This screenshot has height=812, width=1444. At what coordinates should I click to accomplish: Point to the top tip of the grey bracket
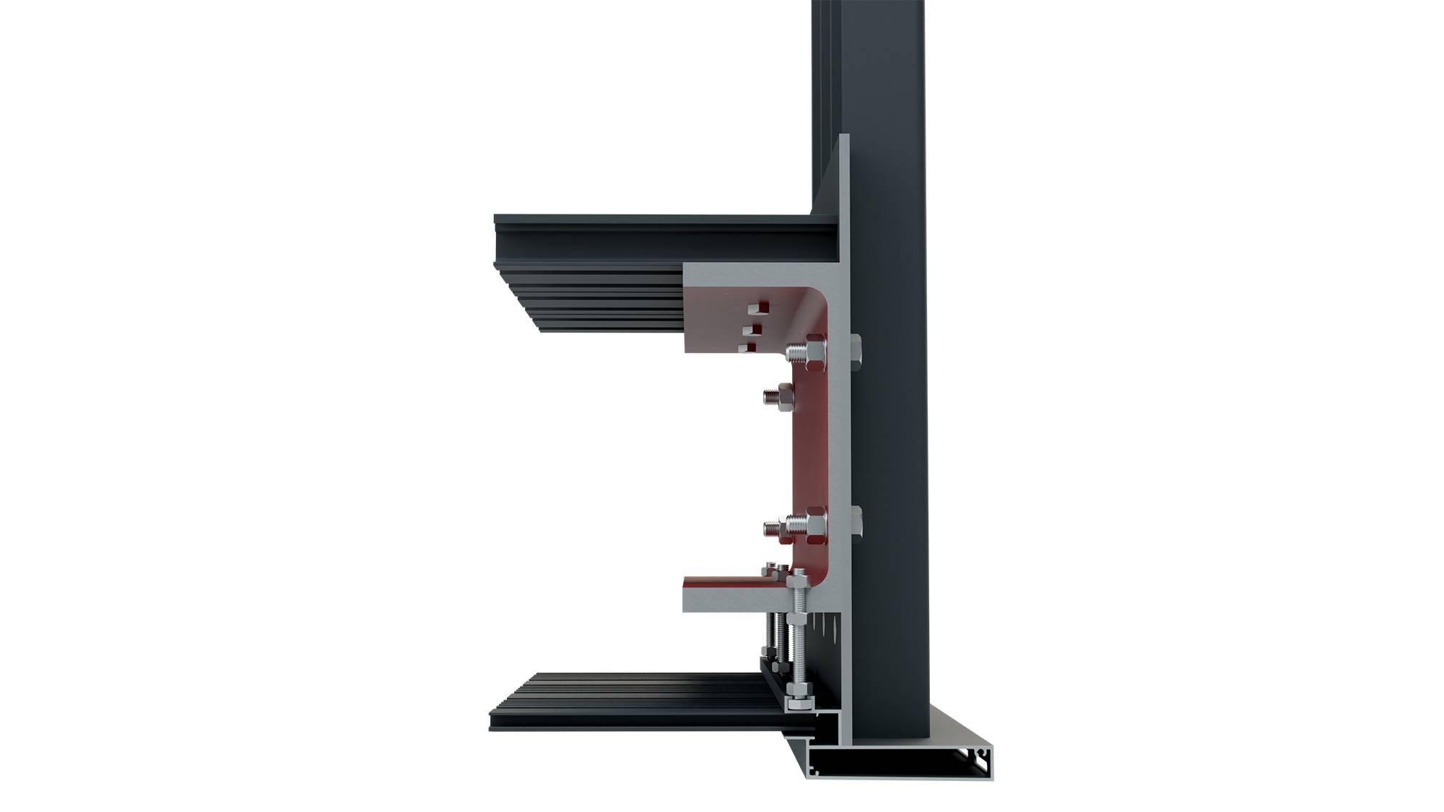coord(845,137)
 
